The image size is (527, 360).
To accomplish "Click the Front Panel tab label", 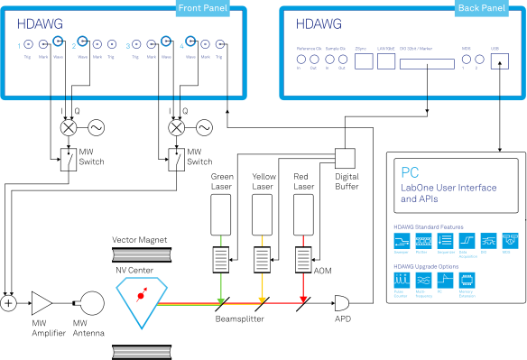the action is (x=202, y=9).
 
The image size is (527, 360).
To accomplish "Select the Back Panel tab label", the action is (x=481, y=9).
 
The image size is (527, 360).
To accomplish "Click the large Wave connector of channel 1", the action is (x=58, y=42).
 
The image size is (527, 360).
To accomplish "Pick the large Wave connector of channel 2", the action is (x=82, y=42).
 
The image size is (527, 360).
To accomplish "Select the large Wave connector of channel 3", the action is (x=166, y=42).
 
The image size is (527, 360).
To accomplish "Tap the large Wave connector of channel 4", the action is (x=190, y=42).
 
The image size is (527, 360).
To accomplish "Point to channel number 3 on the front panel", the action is (x=127, y=45).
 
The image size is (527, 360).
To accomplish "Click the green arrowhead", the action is (x=221, y=300).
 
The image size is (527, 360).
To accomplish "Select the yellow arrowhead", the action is (x=262, y=300).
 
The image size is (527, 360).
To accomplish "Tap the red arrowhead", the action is (x=303, y=300).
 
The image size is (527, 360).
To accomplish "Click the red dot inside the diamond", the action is (x=140, y=295).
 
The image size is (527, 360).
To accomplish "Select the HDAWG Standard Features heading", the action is (x=427, y=226).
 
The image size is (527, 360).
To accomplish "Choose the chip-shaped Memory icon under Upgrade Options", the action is (x=467, y=281).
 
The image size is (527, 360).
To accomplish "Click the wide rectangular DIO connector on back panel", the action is (x=428, y=63).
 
